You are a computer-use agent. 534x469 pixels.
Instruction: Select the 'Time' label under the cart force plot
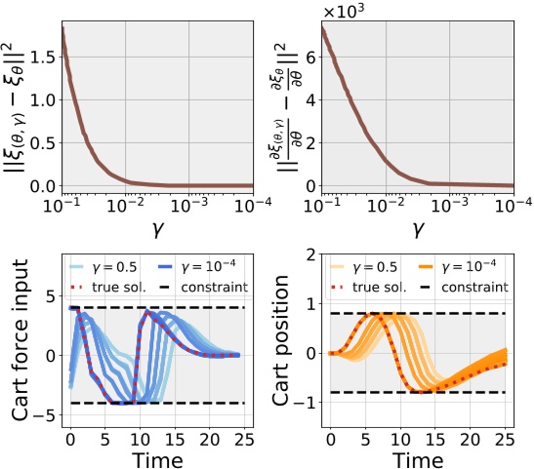click(x=158, y=456)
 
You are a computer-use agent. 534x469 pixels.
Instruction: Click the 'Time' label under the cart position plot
click(x=423, y=456)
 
